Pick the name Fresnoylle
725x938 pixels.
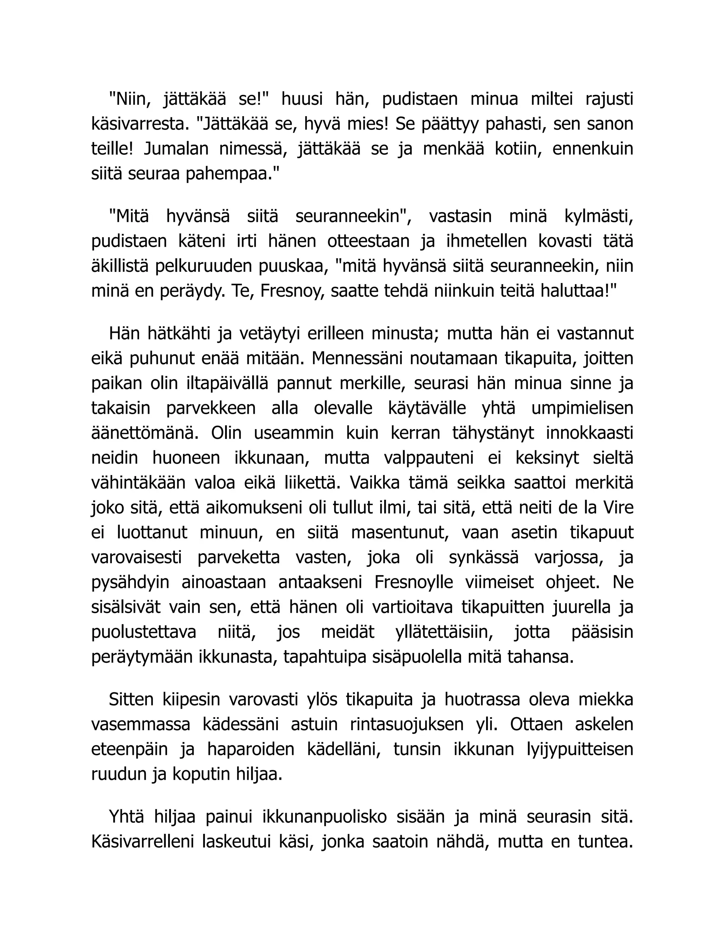click(x=413, y=582)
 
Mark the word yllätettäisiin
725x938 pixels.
click(x=444, y=632)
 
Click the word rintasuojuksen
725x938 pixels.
click(x=407, y=724)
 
